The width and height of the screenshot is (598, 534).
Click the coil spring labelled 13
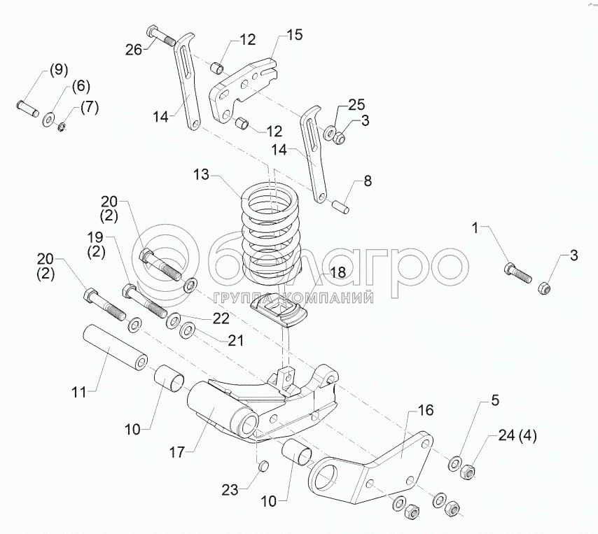click(271, 231)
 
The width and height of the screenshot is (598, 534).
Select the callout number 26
click(134, 48)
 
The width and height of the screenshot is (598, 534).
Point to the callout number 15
click(295, 35)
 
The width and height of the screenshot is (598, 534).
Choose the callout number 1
click(476, 227)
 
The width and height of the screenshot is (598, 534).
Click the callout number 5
click(494, 401)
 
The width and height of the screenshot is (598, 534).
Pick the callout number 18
click(338, 273)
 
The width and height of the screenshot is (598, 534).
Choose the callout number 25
click(356, 105)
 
